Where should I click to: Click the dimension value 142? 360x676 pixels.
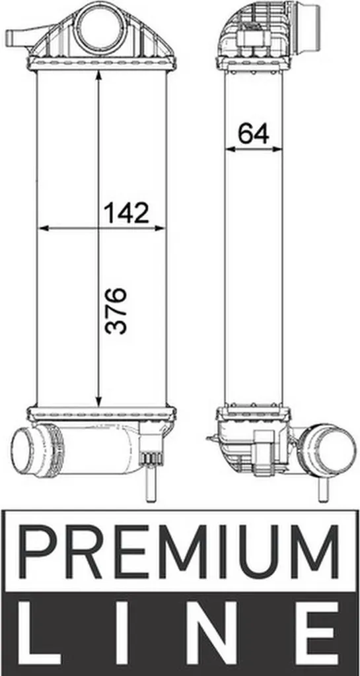(x=126, y=213)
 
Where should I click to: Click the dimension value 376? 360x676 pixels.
(x=116, y=311)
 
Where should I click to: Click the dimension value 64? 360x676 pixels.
(x=254, y=133)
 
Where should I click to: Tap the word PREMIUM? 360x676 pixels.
(x=180, y=553)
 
